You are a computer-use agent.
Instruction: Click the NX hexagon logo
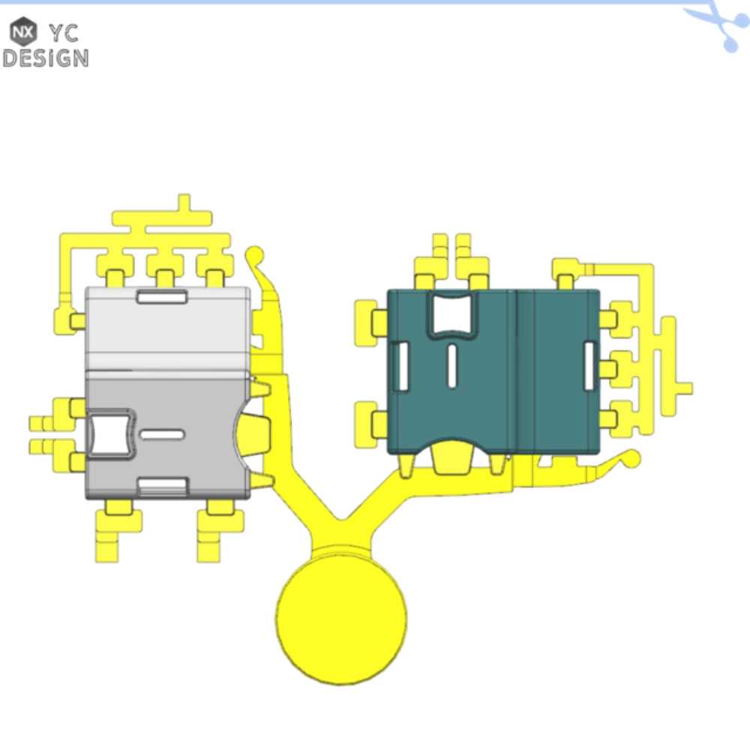23,32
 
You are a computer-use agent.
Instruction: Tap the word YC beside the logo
64,34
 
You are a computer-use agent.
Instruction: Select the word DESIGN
46,58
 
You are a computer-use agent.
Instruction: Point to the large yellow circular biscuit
341,619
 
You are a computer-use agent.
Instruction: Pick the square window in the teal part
451,313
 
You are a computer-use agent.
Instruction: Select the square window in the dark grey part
109,434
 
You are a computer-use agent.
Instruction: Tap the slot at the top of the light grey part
162,296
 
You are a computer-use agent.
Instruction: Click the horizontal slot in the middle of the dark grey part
162,435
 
